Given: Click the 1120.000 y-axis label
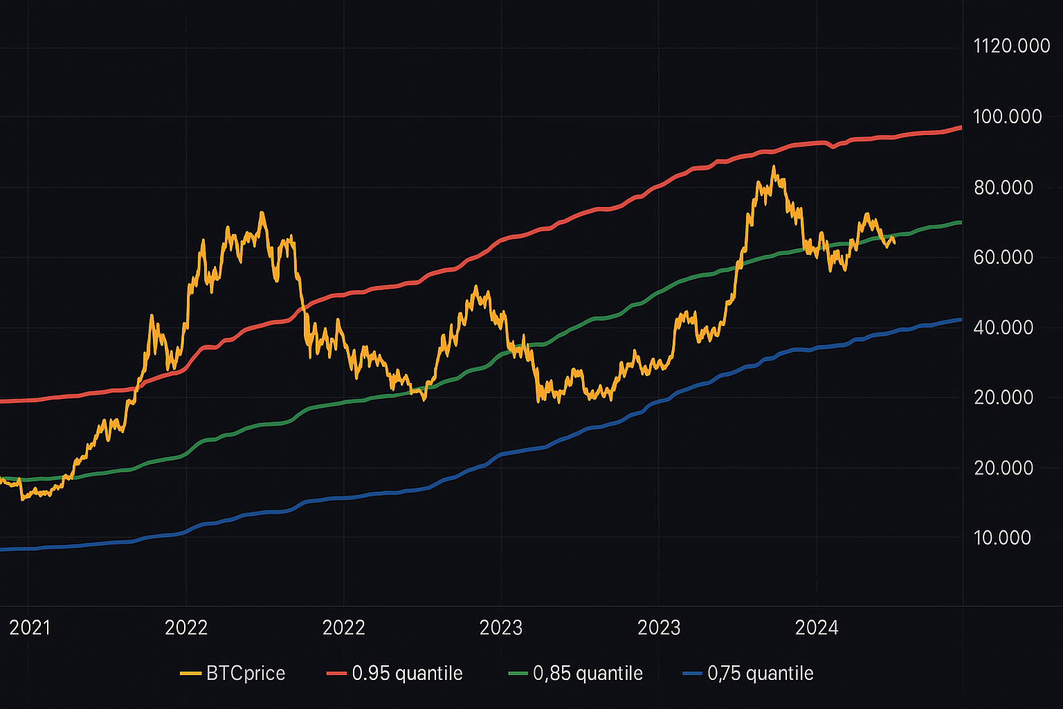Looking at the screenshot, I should click(x=1011, y=46).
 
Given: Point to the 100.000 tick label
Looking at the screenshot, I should click(x=1007, y=116).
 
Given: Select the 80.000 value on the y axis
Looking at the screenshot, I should click(x=1003, y=188).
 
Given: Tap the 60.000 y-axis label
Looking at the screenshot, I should click(x=1003, y=258).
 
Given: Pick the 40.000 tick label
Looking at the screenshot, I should click(x=1003, y=327).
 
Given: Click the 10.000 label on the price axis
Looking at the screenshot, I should click(x=1002, y=538).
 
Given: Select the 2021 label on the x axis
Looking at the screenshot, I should click(x=30, y=628).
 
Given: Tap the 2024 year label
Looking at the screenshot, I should click(x=817, y=628).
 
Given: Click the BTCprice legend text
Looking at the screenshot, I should click(x=246, y=674).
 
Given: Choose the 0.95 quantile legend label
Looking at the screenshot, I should click(x=407, y=674).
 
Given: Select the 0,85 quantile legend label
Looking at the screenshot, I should click(x=588, y=674).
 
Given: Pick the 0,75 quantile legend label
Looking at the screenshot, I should click(x=760, y=674).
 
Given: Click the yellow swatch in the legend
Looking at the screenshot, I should click(x=190, y=674).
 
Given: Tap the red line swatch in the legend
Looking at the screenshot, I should click(x=336, y=674).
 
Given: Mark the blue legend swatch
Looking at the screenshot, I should click(x=692, y=674).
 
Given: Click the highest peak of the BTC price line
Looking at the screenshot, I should click(x=773, y=166).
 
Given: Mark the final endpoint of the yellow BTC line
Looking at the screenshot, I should click(x=895, y=243).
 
